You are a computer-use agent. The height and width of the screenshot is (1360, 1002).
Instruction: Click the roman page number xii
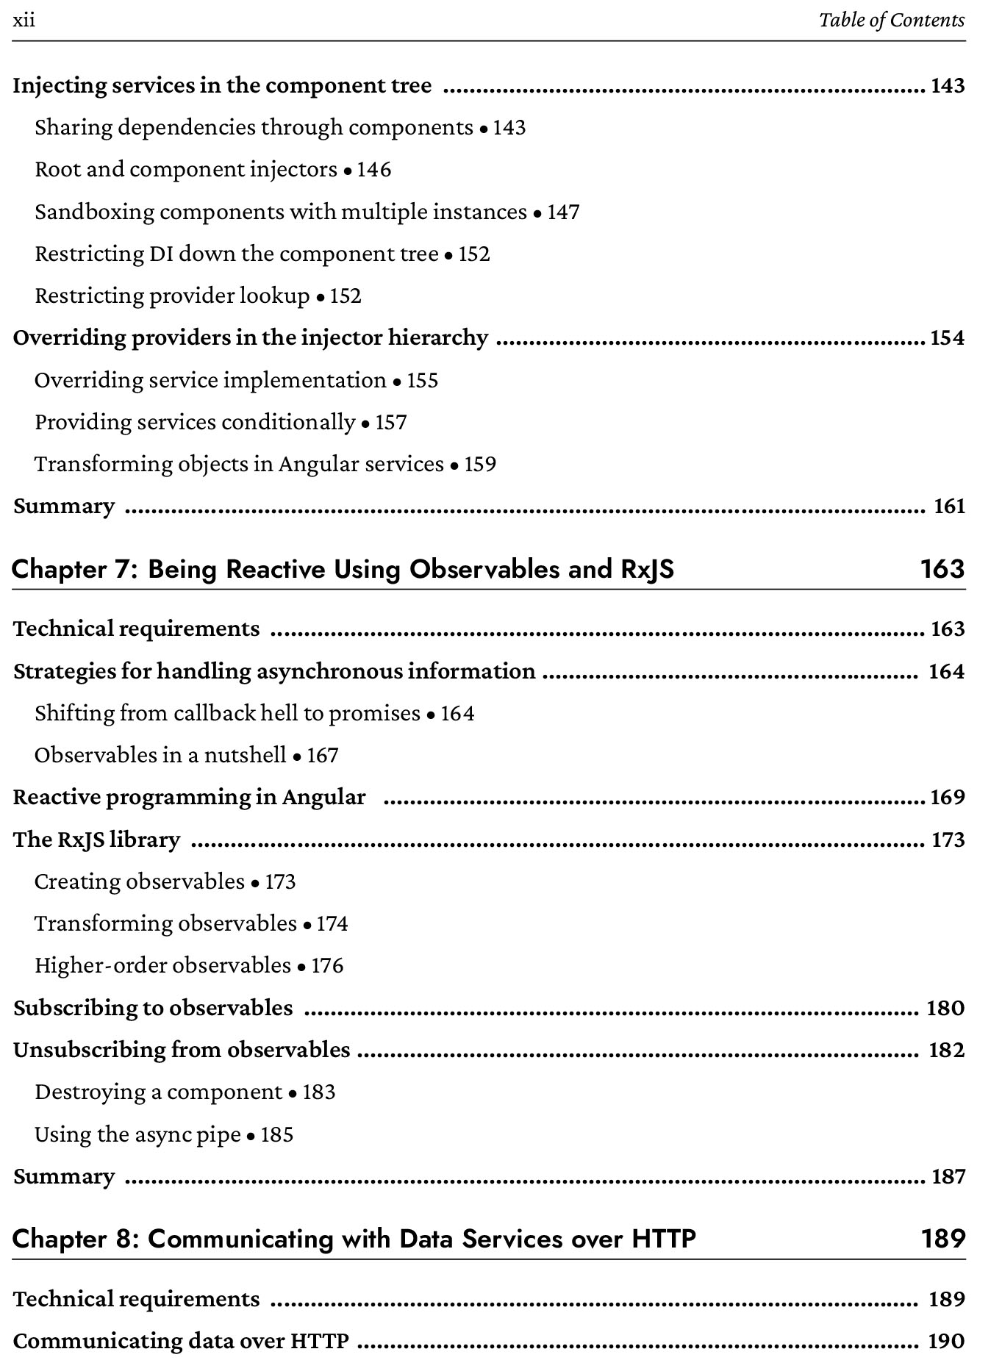point(24,20)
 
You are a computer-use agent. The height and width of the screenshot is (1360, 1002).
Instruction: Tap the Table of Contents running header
point(891,20)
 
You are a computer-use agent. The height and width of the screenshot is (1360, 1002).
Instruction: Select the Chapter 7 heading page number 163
point(942,569)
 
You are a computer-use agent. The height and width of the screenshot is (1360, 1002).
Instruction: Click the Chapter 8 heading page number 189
point(942,1239)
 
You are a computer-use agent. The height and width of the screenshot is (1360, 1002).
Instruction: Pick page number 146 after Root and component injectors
point(374,170)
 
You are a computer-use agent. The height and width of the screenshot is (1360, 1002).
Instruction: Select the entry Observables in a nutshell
point(160,755)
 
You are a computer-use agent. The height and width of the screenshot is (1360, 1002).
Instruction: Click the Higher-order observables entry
point(162,965)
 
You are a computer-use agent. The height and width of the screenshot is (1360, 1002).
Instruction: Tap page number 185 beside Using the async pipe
point(277,1134)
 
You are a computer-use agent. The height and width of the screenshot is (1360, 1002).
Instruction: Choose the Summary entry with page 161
point(64,507)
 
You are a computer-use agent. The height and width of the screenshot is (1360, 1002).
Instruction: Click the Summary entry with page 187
point(64,1176)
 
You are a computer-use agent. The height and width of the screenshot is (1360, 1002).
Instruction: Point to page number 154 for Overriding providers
point(947,338)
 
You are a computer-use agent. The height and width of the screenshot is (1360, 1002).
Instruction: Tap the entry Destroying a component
point(158,1092)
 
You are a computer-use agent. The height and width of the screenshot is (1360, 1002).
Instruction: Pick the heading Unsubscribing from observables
point(182,1050)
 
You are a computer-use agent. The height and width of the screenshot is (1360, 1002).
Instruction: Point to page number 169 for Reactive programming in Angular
point(947,798)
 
